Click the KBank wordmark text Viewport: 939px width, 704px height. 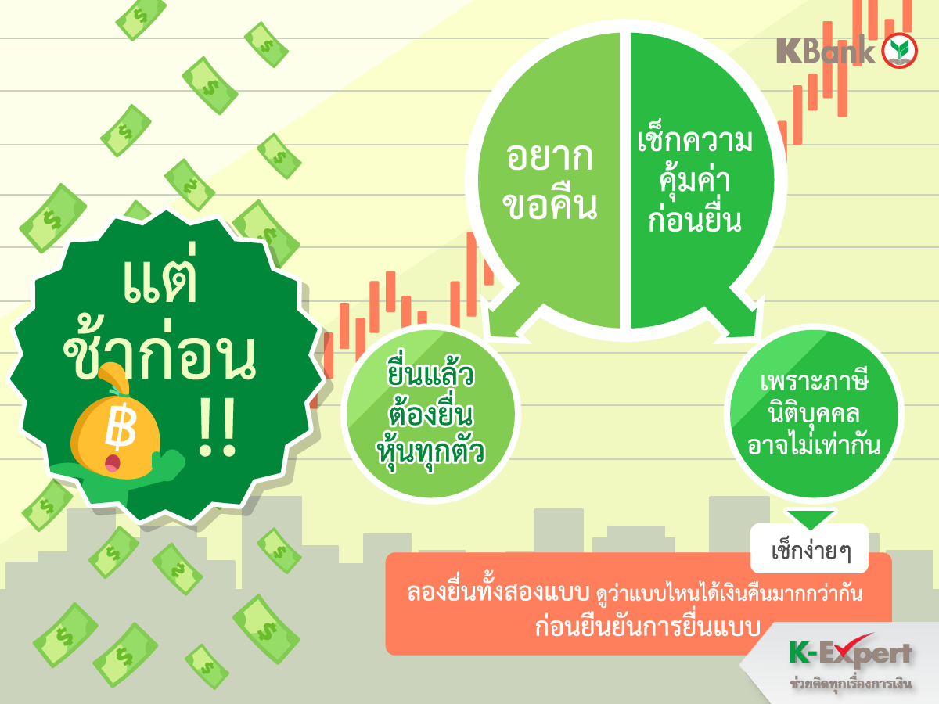pos(826,50)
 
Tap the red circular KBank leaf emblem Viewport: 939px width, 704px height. pos(900,50)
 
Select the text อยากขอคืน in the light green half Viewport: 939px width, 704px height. pos(550,181)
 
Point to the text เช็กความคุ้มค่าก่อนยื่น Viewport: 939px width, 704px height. pos(695,181)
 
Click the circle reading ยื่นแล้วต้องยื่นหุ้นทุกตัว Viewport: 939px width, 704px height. pos(431,414)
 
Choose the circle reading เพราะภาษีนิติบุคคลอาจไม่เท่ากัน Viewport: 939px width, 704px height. pos(814,414)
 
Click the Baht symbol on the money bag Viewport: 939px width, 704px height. pos(121,426)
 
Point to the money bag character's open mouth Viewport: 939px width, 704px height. pos(113,463)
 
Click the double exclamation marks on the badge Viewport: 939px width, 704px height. pos(218,426)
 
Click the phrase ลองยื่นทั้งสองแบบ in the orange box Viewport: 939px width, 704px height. pos(498,592)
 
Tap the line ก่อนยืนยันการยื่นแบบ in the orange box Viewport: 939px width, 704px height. pos(648,627)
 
